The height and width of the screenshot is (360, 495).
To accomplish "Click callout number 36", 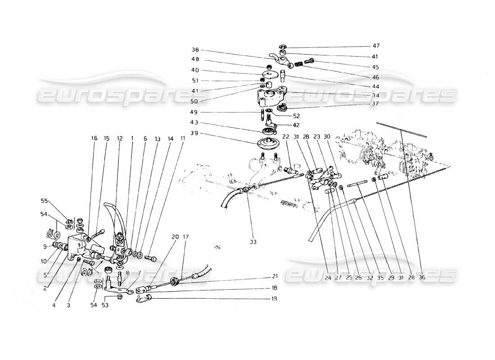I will coord(422,278).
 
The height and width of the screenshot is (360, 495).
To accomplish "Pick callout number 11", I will coord(182,139).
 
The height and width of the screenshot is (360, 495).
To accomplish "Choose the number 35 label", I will coord(380,278).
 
